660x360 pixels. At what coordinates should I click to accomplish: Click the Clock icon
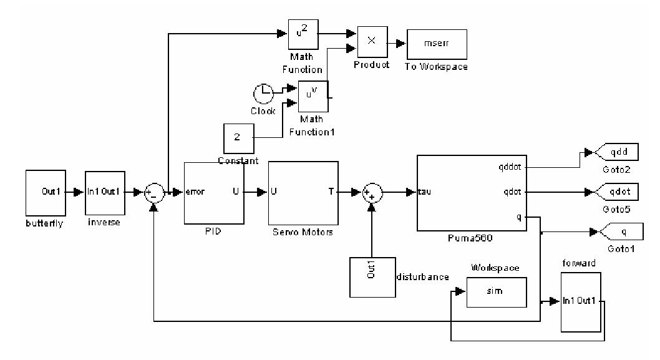click(x=263, y=95)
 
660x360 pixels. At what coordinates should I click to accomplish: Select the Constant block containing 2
click(x=238, y=138)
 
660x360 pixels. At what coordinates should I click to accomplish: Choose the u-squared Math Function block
click(x=303, y=32)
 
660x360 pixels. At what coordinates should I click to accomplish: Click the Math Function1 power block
click(x=313, y=96)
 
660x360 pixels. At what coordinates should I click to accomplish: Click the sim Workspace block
click(x=496, y=291)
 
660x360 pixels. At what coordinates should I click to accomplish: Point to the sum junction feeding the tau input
click(x=372, y=192)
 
